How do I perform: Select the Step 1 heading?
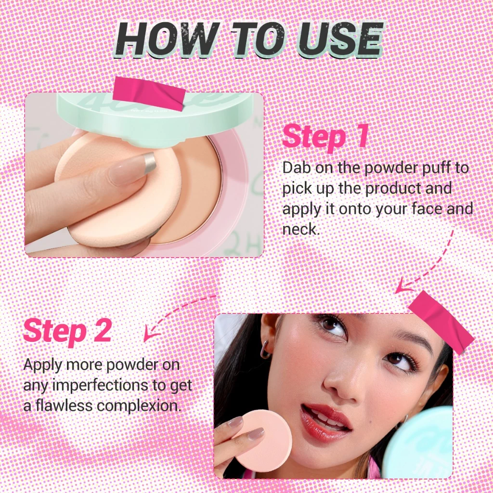[x=325, y=136]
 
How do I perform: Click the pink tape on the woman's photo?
[x=441, y=320]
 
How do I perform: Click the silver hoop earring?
[x=266, y=350]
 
